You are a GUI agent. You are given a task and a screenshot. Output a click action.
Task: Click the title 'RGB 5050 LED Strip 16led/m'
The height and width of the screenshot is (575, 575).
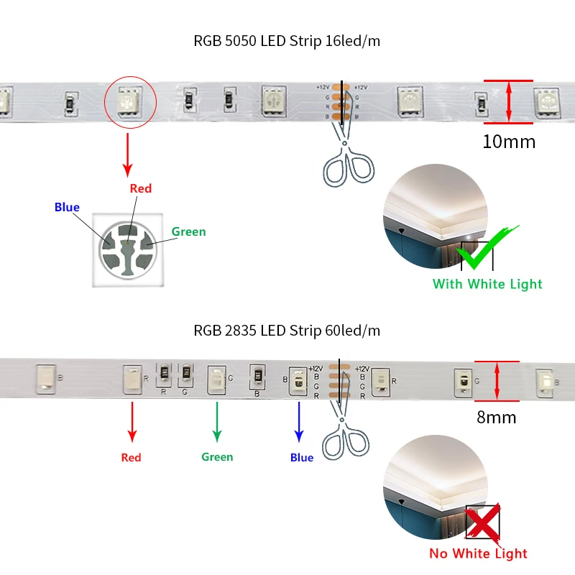tap(287, 41)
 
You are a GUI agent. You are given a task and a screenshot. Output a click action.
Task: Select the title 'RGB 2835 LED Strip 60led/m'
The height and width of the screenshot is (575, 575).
tap(287, 331)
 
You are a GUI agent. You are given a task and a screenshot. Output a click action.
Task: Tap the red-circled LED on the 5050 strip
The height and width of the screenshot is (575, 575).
tap(130, 102)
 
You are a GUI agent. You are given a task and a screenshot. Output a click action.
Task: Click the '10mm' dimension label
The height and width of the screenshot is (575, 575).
tap(509, 142)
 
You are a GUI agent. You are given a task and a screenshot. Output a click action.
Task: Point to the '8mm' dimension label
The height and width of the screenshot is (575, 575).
tap(497, 417)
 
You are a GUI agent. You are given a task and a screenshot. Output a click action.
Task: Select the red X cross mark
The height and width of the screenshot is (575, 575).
tap(482, 523)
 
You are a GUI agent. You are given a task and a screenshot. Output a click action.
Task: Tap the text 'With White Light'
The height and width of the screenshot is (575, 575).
tap(487, 284)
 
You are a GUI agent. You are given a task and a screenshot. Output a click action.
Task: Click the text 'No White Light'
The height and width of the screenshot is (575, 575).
tap(478, 553)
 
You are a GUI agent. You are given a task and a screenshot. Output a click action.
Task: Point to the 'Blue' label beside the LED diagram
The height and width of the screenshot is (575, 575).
tap(67, 208)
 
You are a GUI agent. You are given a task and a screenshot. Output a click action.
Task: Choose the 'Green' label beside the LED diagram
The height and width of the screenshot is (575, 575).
tap(188, 231)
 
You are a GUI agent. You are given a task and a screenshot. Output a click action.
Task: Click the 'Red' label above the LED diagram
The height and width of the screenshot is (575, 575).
tap(141, 188)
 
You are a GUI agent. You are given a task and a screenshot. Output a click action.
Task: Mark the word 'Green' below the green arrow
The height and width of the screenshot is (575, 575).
tap(217, 457)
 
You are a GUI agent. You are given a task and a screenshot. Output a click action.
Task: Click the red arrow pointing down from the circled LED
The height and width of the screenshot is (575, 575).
tap(128, 152)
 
